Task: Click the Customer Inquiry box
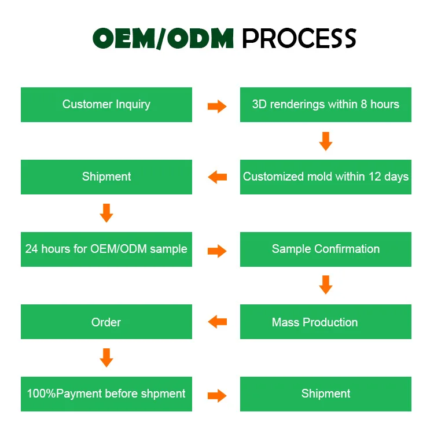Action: tap(106, 105)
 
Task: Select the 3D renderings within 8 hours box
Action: tap(325, 105)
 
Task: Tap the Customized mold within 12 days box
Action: tap(325, 177)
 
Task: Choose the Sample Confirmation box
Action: tap(325, 249)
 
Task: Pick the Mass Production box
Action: tap(325, 322)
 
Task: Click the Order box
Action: tap(106, 322)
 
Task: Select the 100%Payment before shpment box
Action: tap(106, 394)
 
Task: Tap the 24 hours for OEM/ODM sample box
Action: tap(106, 249)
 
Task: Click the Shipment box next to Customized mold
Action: tap(106, 177)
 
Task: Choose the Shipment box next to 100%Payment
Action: tap(325, 394)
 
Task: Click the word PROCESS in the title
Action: tap(299, 38)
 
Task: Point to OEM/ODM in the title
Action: tap(163, 38)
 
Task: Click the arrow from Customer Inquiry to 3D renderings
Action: tap(217, 106)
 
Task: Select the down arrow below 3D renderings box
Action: tap(326, 141)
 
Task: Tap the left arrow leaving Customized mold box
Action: tap(218, 177)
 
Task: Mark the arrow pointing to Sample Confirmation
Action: tap(217, 251)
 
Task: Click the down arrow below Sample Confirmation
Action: tap(326, 285)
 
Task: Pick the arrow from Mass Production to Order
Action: tap(218, 322)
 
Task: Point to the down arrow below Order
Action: tap(106, 358)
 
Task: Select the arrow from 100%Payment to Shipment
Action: tap(217, 396)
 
